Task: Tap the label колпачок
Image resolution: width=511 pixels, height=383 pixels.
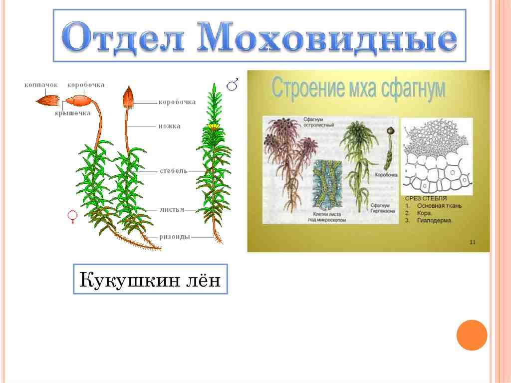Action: pos(41,85)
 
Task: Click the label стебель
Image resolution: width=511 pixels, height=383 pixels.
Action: pos(174,171)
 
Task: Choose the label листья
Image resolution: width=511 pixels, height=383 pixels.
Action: pos(173,210)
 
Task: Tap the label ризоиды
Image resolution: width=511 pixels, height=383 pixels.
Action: pos(174,237)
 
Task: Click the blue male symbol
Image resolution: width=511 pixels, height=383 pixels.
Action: pos(233,84)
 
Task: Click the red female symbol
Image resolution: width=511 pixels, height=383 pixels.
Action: pos(72,216)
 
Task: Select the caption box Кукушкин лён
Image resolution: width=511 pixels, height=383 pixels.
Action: pos(150,279)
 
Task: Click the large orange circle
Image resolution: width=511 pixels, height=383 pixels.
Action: pos(472,335)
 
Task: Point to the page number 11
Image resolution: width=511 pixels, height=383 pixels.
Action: pos(472,242)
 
